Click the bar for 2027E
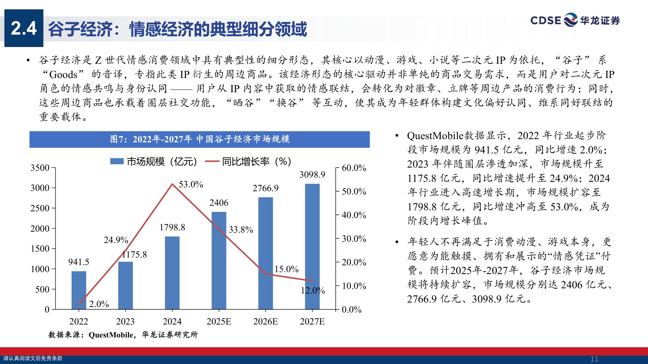tap(312, 246)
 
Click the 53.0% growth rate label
tap(191, 184)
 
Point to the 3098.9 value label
tap(312, 175)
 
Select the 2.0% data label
tap(99, 304)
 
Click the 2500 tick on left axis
tap(40, 208)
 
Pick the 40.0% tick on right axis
tap(354, 215)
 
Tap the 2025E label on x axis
tap(219, 321)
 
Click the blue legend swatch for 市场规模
tap(117, 161)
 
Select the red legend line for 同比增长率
tap(212, 161)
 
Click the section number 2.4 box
tap(24, 28)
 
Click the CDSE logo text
tap(546, 20)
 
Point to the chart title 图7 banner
tap(200, 139)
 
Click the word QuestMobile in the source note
tap(110, 335)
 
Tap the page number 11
tap(594, 359)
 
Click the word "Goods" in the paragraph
tap(63, 74)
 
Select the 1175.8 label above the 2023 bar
tap(134, 255)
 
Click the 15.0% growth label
tap(286, 269)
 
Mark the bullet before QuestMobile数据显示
tap(397, 136)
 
